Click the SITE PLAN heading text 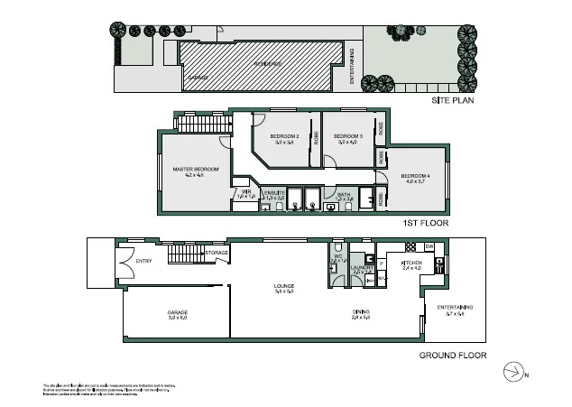(451, 100)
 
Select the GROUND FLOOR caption (453, 355)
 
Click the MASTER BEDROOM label (195, 168)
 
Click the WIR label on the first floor (244, 192)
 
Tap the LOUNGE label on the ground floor (284, 287)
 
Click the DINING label (361, 313)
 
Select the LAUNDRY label (362, 267)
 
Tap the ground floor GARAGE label (177, 312)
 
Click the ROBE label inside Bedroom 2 (316, 139)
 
